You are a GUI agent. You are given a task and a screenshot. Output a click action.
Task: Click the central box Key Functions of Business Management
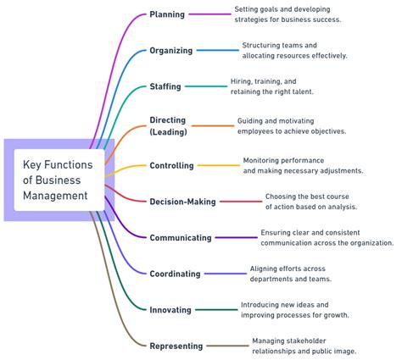59,180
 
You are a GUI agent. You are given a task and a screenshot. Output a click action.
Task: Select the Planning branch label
166,14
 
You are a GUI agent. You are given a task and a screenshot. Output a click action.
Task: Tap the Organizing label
170,51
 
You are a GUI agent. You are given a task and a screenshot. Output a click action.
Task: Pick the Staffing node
165,86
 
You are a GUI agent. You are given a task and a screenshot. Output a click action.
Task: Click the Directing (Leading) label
168,125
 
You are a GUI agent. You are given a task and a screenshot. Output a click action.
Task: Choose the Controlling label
171,166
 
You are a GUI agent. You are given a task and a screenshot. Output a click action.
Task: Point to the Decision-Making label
182,202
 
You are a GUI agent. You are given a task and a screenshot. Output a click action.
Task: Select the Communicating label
180,238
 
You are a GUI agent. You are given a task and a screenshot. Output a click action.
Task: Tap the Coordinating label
175,274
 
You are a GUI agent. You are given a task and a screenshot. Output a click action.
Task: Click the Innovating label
170,310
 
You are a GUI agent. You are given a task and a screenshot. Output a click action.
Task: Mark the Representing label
176,346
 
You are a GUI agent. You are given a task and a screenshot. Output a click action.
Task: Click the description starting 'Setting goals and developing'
288,14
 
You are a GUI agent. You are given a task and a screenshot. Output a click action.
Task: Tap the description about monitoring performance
303,165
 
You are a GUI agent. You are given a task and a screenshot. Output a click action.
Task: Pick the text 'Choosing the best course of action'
310,201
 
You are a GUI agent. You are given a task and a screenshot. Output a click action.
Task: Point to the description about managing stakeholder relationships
304,346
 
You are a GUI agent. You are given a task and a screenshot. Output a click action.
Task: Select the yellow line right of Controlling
219,166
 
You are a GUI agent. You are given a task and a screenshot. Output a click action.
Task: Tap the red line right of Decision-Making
241,202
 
